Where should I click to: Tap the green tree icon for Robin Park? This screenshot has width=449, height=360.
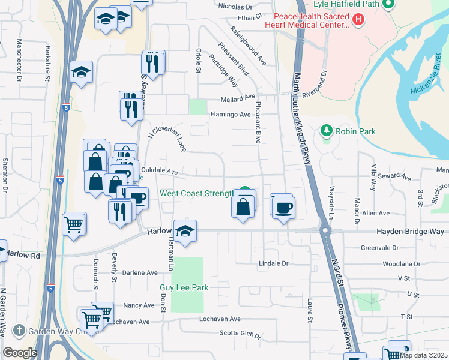click(x=327, y=130)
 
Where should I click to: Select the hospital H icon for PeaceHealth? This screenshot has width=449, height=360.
click(x=358, y=20)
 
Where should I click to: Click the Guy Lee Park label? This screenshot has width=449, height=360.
click(x=184, y=288)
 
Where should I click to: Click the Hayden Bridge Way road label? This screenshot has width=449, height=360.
click(x=410, y=231)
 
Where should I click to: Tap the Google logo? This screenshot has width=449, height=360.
click(x=20, y=353)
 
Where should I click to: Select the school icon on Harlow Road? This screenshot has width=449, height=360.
click(x=185, y=232)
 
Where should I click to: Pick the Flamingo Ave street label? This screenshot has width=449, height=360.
click(x=229, y=114)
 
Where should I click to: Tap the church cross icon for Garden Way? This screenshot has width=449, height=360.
click(x=19, y=331)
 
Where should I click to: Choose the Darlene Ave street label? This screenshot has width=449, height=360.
click(x=140, y=272)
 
